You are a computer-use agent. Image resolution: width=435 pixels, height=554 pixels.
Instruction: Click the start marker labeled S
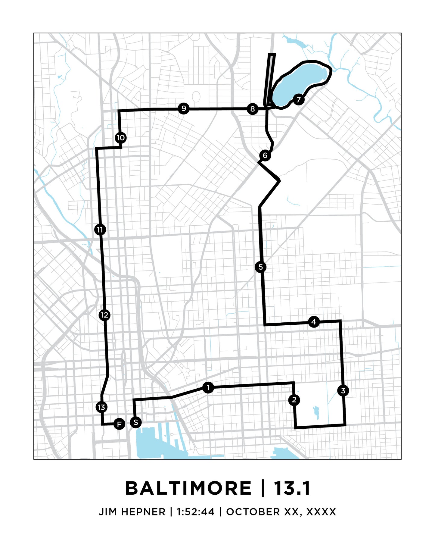[136, 422]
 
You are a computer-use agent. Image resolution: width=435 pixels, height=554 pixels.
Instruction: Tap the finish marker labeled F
[119, 424]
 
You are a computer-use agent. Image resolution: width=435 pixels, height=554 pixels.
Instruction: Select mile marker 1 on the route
[208, 388]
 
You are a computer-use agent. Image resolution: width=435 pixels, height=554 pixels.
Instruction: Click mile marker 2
[294, 400]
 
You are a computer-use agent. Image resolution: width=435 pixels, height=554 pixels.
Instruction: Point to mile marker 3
[343, 391]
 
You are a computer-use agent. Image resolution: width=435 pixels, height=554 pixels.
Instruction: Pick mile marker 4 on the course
[314, 322]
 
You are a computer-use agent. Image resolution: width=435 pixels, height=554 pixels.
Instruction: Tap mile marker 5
[261, 267]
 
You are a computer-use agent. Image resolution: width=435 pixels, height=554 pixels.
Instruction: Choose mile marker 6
[265, 155]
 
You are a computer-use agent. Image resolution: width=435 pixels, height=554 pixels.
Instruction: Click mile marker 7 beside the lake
[298, 99]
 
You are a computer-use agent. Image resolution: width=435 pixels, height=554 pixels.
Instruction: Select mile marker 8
[253, 109]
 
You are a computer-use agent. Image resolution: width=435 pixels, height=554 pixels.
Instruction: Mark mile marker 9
[184, 108]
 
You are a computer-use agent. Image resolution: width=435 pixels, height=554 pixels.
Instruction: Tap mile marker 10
[121, 138]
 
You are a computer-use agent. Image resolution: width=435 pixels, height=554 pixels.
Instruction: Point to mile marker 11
[100, 230]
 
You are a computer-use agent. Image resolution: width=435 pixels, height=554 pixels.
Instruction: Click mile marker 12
[104, 315]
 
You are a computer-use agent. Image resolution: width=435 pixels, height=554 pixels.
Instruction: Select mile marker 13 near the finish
[101, 407]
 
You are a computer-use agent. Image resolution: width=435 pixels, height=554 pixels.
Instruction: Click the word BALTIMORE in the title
[188, 488]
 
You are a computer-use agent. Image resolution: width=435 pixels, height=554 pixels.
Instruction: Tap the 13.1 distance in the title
[292, 488]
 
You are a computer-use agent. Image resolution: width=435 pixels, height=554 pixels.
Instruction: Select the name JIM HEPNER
[132, 512]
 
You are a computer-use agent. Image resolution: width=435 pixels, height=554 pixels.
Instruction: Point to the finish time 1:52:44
[196, 512]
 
